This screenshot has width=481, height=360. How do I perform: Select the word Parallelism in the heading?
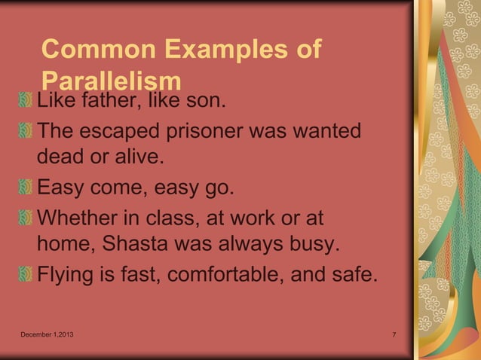click(x=112, y=81)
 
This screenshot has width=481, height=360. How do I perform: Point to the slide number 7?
click(x=395, y=334)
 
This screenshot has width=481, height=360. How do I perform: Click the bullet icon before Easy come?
click(x=26, y=188)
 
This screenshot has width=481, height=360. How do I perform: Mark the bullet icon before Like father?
click(x=26, y=100)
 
